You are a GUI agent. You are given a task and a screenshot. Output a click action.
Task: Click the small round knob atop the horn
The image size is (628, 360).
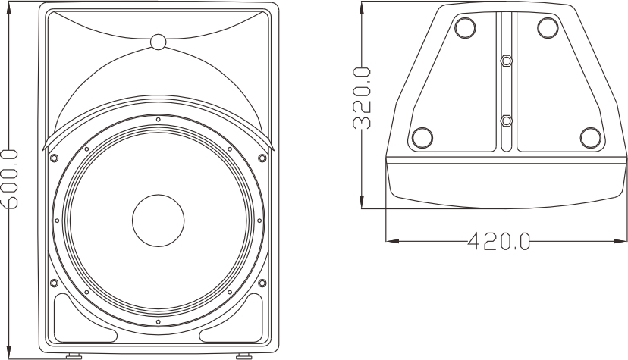(158, 42)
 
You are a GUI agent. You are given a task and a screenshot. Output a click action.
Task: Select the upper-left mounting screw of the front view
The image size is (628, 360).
(53, 158)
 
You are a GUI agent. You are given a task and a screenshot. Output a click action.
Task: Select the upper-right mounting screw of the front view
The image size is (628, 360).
(262, 158)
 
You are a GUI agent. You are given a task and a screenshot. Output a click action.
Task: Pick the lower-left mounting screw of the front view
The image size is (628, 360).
(53, 283)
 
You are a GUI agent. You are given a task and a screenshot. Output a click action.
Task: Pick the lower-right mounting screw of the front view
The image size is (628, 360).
(262, 283)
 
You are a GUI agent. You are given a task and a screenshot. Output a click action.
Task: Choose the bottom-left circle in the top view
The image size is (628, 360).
(421, 137)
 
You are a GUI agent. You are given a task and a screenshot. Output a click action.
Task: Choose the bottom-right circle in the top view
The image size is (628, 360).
(590, 137)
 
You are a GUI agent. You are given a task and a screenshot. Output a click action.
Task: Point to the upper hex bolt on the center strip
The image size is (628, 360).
(506, 60)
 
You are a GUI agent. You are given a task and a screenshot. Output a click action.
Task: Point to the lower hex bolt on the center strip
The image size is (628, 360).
(506, 120)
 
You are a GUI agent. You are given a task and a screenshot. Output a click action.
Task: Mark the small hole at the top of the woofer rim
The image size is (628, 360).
(158, 119)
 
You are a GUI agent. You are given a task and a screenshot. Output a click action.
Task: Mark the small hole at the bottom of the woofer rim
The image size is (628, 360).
(158, 322)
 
